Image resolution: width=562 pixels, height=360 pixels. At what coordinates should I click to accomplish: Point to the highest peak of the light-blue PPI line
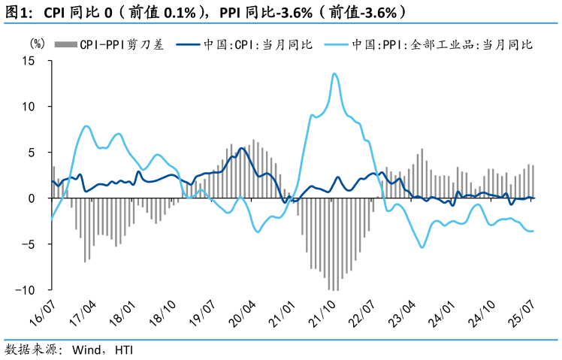[334, 74]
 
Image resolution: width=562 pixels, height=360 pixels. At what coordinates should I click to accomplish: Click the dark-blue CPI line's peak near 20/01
[241, 148]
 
